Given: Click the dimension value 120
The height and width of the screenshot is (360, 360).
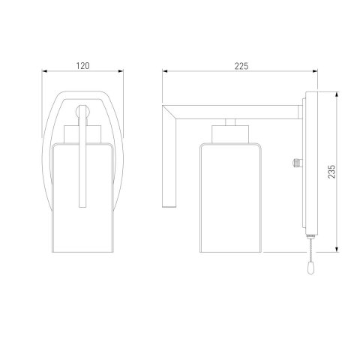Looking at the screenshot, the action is click(x=82, y=66).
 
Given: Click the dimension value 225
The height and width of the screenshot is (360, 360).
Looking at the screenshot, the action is click(x=241, y=66).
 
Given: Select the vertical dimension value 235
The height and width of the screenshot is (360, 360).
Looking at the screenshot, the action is click(x=331, y=171).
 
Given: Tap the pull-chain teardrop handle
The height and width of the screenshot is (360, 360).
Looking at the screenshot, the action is click(x=310, y=269).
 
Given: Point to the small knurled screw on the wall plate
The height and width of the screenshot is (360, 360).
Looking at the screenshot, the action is click(x=296, y=163).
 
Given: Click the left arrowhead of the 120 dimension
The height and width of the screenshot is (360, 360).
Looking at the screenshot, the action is click(x=44, y=71).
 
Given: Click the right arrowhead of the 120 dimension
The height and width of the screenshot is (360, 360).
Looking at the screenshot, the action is click(x=121, y=71).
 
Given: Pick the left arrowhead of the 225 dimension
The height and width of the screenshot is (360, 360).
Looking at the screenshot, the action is click(x=165, y=71).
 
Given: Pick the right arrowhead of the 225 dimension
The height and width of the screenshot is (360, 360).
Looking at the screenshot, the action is click(x=315, y=71).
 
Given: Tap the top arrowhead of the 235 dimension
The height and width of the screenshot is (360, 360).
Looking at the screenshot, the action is click(x=337, y=94).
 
